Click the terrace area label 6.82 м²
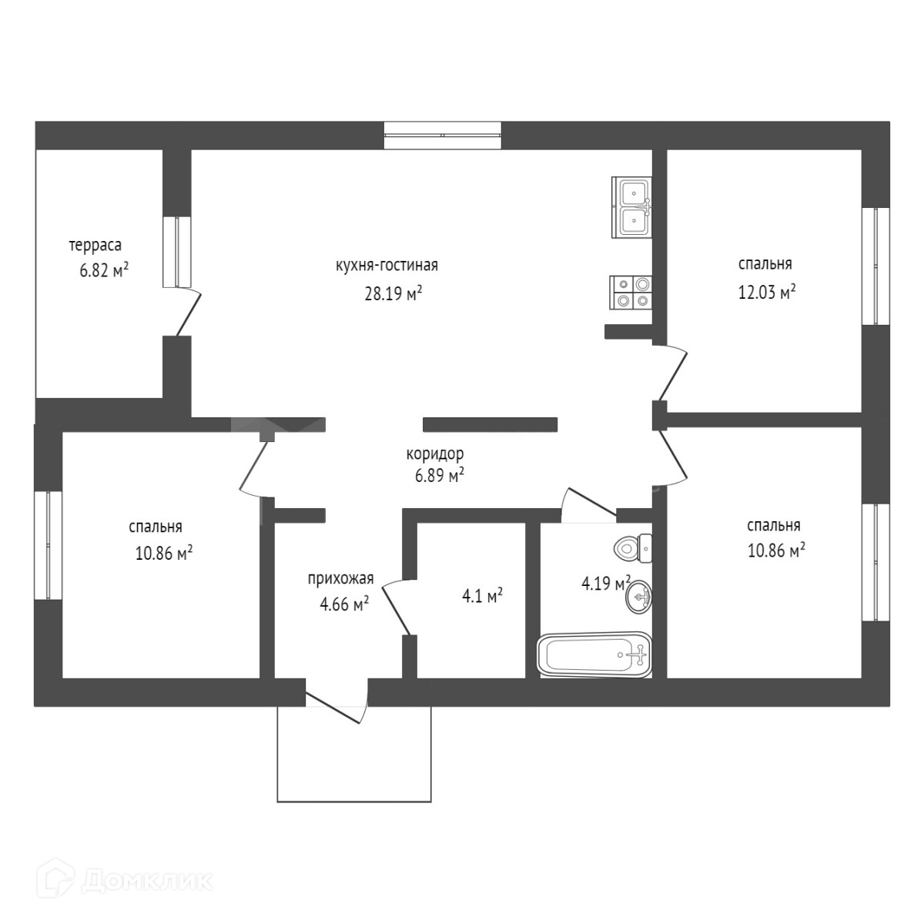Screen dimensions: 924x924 click(103, 270)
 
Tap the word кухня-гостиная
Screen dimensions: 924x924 click(387, 266)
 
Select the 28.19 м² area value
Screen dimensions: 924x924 click(393, 293)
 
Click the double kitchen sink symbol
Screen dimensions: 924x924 click(632, 206)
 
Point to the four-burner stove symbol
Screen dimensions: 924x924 click(631, 292)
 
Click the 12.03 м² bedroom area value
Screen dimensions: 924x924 click(766, 293)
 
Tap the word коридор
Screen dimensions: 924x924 click(435, 454)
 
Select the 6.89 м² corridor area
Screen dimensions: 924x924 click(439, 475)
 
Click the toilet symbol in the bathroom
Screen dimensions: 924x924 click(634, 549)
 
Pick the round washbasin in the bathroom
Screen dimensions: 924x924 click(638, 597)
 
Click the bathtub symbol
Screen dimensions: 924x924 click(594, 655)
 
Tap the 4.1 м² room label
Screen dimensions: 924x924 click(482, 595)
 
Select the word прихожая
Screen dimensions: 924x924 click(340, 579)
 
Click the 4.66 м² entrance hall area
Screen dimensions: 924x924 click(344, 604)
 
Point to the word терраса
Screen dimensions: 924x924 click(95, 246)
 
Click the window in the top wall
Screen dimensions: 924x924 click(443, 136)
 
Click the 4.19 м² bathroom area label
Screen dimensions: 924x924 click(605, 583)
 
